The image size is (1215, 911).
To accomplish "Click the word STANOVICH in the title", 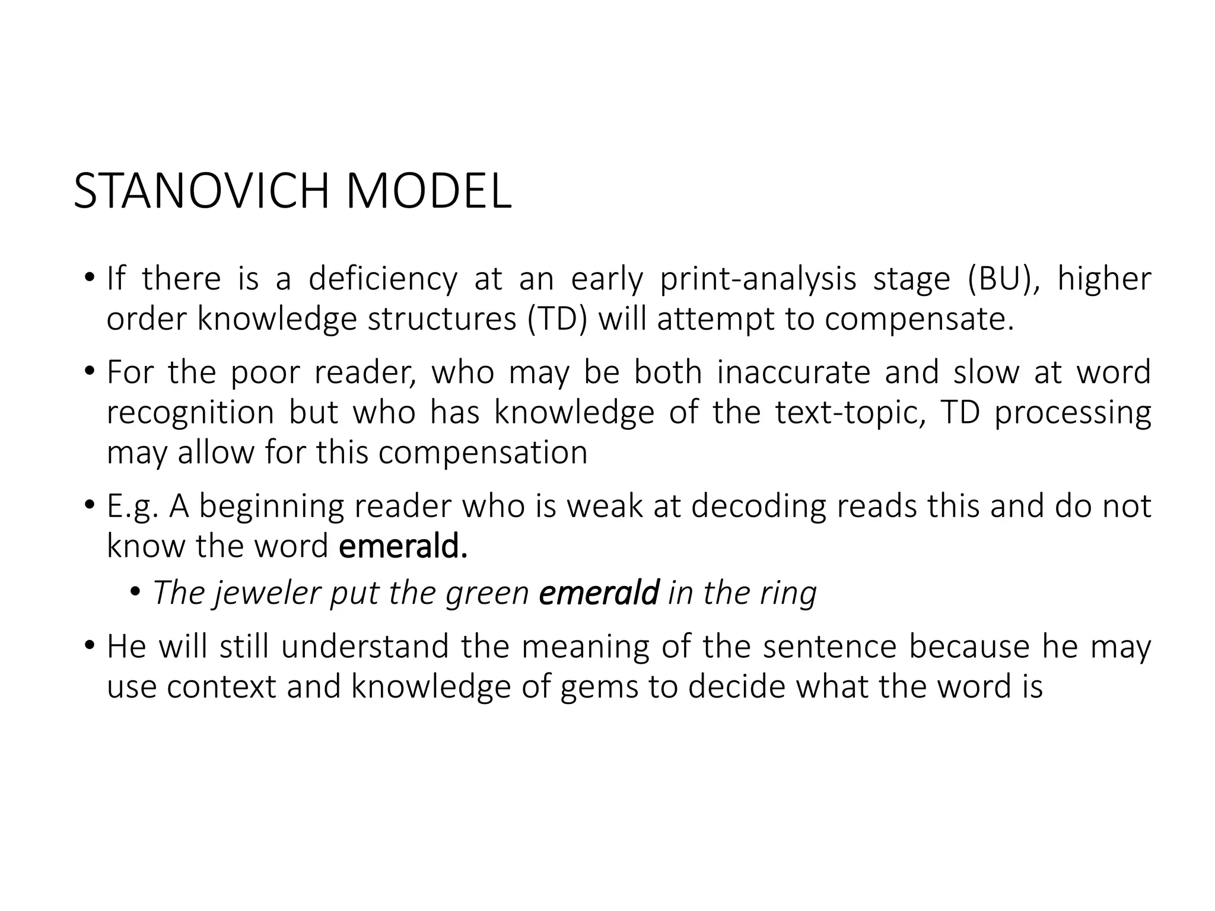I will point(201,191).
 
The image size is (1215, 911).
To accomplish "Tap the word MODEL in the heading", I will point(428,191).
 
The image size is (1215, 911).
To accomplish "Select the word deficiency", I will point(383,279).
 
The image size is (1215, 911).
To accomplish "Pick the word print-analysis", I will point(758,279).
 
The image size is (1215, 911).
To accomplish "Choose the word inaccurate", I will point(793,372).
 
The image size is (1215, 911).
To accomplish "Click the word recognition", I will point(190,413).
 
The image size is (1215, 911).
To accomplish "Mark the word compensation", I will point(483,453).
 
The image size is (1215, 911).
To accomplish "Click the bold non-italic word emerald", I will point(403,546).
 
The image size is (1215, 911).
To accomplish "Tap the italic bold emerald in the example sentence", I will point(599,593).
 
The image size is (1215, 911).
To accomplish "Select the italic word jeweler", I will point(266,593).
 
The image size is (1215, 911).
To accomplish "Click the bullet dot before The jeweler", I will point(136,592).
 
